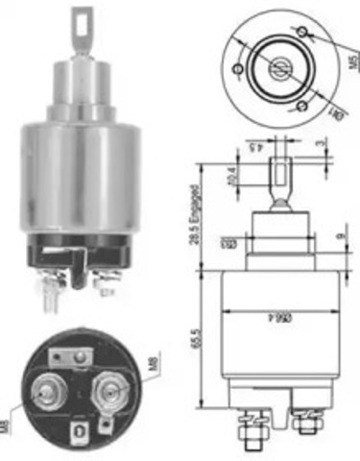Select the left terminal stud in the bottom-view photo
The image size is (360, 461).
point(44,393)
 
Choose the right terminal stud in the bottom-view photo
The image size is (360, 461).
point(107,392)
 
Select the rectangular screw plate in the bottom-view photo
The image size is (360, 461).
point(67,358)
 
